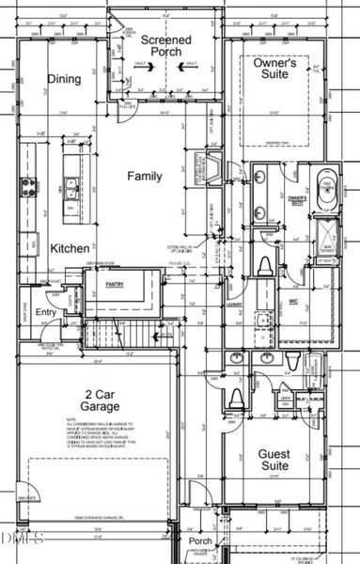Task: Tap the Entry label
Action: click(x=46, y=313)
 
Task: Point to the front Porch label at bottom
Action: click(x=199, y=541)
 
